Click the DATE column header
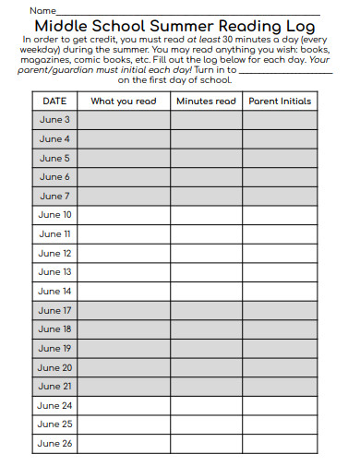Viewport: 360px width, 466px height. click(x=54, y=102)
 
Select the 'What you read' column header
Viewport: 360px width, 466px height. click(x=124, y=102)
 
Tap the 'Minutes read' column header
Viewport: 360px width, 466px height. click(x=206, y=102)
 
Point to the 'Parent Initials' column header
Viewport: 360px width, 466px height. click(x=280, y=102)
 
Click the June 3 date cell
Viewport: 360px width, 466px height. click(x=54, y=120)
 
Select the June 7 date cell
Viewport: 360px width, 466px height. click(x=54, y=197)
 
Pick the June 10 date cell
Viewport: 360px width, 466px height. click(x=54, y=215)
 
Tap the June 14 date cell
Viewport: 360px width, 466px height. click(x=54, y=292)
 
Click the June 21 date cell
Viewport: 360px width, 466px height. click(x=54, y=387)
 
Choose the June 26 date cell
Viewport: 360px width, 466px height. click(x=54, y=444)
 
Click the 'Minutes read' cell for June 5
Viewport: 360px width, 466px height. click(x=206, y=159)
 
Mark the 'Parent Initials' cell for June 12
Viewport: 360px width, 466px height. click(x=280, y=254)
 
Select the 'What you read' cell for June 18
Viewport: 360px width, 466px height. click(x=124, y=329)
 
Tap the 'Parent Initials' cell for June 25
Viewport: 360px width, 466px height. click(x=280, y=424)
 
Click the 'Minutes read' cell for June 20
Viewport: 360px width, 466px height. click(x=206, y=367)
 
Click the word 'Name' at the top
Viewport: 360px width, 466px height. click(x=42, y=10)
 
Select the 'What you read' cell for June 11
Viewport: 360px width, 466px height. click(x=124, y=234)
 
